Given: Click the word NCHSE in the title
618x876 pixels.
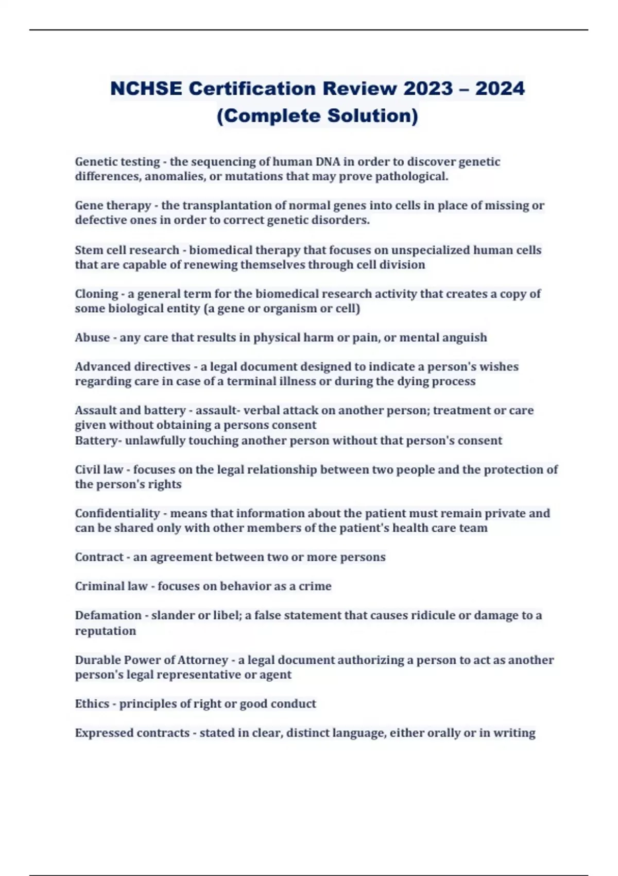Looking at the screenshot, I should pos(146,89).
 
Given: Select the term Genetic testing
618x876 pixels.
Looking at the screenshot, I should pos(117,162).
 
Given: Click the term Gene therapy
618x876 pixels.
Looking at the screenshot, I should pos(113,206).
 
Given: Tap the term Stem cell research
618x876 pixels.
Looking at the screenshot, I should pos(127,250).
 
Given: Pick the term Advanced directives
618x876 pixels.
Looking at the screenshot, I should pos(132,367).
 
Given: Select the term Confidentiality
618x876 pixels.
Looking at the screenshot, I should pos(117,514).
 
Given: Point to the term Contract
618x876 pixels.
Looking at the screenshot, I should pos(99,558).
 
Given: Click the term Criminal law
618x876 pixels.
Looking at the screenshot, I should pos(111,586).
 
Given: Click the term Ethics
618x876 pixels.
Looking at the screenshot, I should pos(92,704).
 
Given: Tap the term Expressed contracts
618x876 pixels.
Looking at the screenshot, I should pos(132,733).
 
